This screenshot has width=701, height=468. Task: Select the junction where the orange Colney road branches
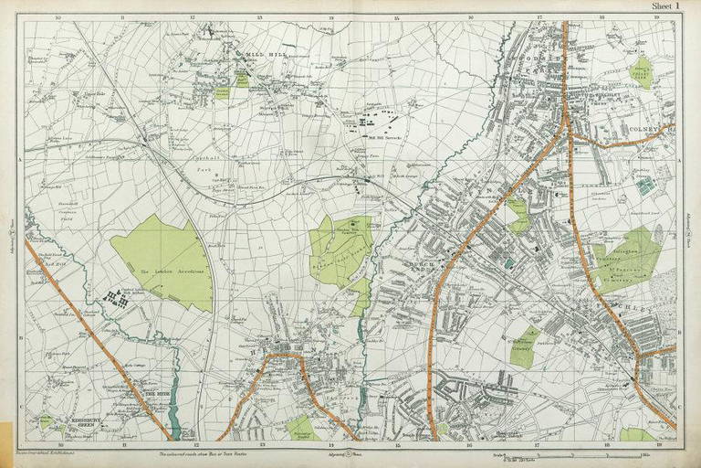pos(570,135)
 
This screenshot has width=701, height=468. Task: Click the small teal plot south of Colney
pos(645,186)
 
